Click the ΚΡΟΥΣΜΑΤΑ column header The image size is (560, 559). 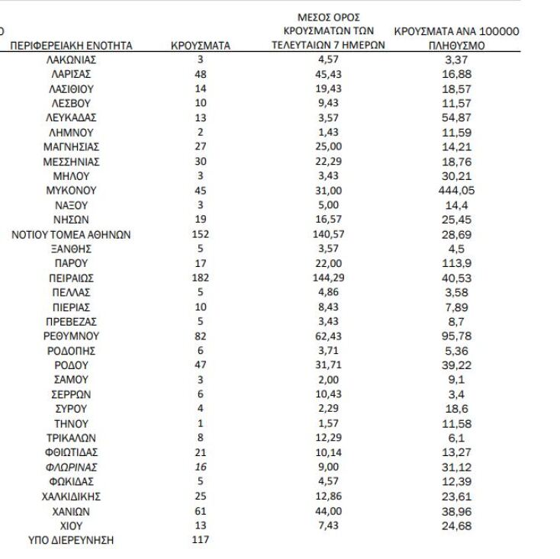tap(201, 46)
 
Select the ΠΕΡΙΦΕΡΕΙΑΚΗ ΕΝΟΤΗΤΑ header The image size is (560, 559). tap(71, 46)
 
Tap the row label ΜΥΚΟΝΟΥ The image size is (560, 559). tap(71, 191)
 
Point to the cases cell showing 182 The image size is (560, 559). tap(201, 278)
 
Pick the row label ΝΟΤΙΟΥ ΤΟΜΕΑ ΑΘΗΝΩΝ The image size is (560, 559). tap(71, 235)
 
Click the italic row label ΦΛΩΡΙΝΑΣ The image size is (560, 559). tap(71, 467)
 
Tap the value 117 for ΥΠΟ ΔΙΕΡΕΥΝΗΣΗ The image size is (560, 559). tap(201, 541)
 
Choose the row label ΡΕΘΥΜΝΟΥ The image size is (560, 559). tap(71, 336)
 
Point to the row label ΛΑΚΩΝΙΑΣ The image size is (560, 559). tap(71, 59)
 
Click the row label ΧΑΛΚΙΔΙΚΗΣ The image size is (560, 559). tap(71, 496)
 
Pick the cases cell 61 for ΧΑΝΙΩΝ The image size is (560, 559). tap(201, 511)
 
